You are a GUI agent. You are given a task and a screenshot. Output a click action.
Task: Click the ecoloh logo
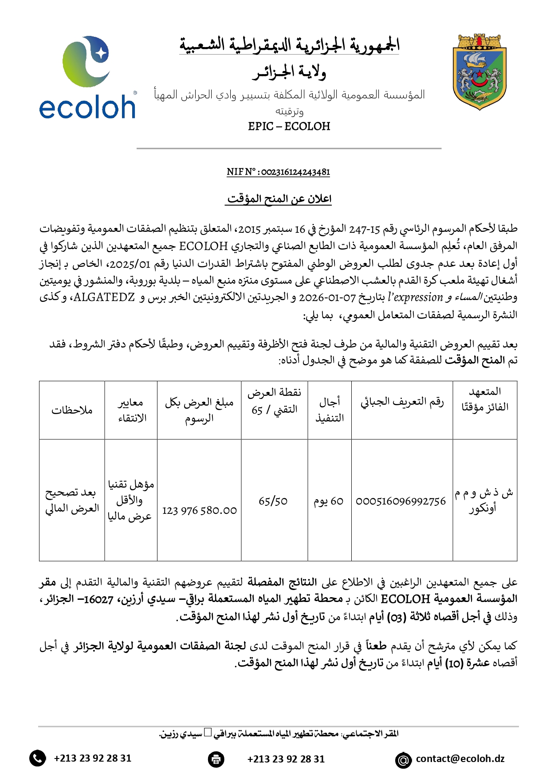[87, 78]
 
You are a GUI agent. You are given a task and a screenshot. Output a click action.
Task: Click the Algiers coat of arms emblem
[479, 72]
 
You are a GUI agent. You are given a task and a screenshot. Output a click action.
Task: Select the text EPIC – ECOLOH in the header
[289, 127]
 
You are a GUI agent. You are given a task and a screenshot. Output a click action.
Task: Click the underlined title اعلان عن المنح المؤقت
[279, 199]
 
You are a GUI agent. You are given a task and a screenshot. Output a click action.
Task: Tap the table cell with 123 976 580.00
[200, 511]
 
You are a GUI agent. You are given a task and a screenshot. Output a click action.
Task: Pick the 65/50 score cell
[273, 501]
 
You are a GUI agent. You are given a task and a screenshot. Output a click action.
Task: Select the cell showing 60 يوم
[329, 501]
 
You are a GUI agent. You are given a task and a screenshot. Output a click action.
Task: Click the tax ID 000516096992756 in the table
[401, 501]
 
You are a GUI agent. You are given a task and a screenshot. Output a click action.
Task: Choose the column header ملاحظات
[72, 411]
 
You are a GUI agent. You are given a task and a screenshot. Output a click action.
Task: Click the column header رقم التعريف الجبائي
[402, 402]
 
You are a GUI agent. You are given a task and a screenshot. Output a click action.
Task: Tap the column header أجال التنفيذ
[330, 410]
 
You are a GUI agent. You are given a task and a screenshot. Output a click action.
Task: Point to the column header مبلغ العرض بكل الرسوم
[199, 410]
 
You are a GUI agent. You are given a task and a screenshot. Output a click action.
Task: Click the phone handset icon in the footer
[38, 758]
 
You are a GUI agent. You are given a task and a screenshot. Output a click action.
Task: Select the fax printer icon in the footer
[216, 759]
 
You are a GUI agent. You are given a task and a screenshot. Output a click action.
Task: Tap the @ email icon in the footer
[403, 760]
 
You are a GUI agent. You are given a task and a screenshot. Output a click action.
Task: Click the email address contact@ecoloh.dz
[460, 759]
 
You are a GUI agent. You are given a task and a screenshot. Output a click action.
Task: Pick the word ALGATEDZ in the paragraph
[104, 297]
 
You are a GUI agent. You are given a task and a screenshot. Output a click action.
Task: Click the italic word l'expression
[415, 297]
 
